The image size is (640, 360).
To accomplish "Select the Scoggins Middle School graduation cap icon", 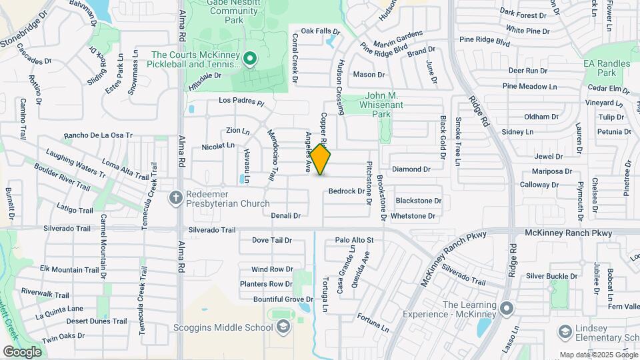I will pyautogui.click(x=283, y=327).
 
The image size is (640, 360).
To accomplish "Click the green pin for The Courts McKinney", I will pyautogui.click(x=250, y=59).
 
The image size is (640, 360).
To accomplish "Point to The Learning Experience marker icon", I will pyautogui.click(x=507, y=308).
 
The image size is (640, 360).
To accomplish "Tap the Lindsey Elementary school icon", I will pyautogui.click(x=565, y=331).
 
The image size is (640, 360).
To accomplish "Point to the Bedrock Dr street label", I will pyautogui.click(x=346, y=191).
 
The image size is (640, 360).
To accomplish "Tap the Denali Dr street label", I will pyautogui.click(x=286, y=215).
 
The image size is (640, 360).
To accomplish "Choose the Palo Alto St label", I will pyautogui.click(x=354, y=240).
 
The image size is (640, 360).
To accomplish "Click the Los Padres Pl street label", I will pyautogui.click(x=242, y=103).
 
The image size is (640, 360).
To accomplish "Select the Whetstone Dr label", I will pyautogui.click(x=413, y=216).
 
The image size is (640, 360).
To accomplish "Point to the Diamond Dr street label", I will pyautogui.click(x=411, y=169).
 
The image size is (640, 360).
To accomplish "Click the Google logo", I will pyautogui.click(x=22, y=351).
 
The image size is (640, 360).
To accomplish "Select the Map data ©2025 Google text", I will pyautogui.click(x=598, y=355).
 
